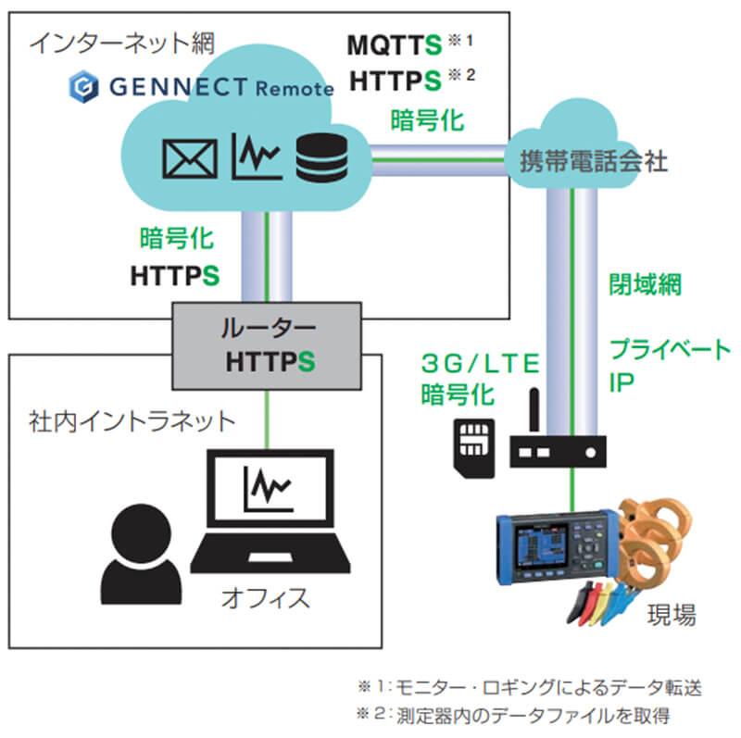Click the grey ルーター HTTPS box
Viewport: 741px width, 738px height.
click(269, 344)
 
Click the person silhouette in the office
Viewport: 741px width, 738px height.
click(142, 553)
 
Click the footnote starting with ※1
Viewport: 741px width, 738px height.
click(529, 687)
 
